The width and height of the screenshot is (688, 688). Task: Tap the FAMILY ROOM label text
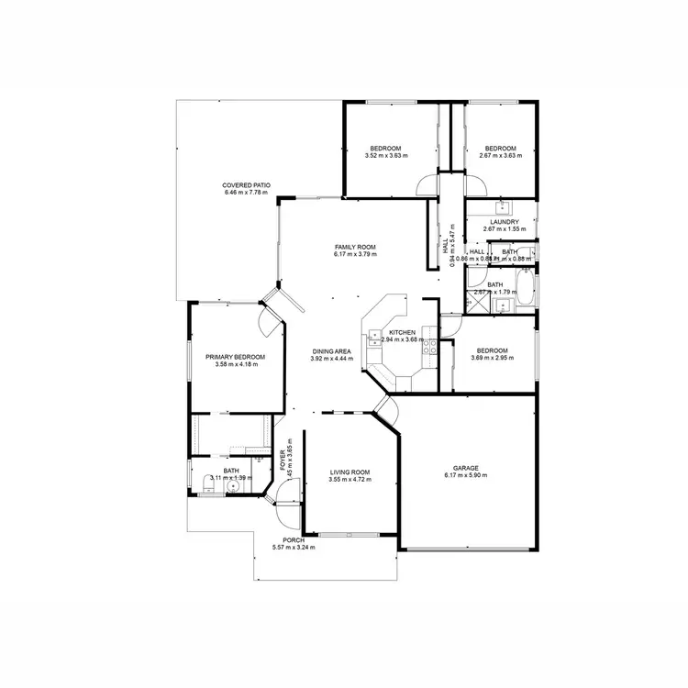point(355,247)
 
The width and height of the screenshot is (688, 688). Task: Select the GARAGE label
point(466,467)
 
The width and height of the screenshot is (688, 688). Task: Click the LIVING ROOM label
point(350,472)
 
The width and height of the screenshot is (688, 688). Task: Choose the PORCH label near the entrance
point(294,539)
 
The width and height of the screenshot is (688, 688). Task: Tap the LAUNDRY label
point(505,221)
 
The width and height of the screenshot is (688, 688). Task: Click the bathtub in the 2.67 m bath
point(525,288)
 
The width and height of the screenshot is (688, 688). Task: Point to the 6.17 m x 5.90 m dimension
point(466,475)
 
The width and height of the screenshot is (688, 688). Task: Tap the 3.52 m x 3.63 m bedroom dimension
point(385,156)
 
